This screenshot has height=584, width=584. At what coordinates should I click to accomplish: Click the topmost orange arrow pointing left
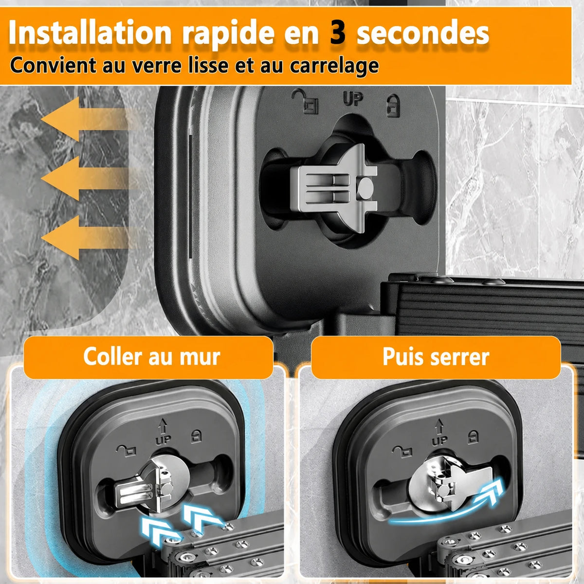coord(88,119)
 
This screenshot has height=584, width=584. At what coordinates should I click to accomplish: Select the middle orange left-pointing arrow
coord(88,179)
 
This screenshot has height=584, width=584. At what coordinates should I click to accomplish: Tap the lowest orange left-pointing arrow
coord(88,238)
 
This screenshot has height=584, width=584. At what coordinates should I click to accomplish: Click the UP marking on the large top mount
coord(353,99)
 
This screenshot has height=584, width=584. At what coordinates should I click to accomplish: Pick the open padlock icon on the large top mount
coord(305,101)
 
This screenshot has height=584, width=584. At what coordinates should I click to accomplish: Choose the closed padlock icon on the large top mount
coord(393,106)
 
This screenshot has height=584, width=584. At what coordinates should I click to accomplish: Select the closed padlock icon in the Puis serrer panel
coord(473,437)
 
